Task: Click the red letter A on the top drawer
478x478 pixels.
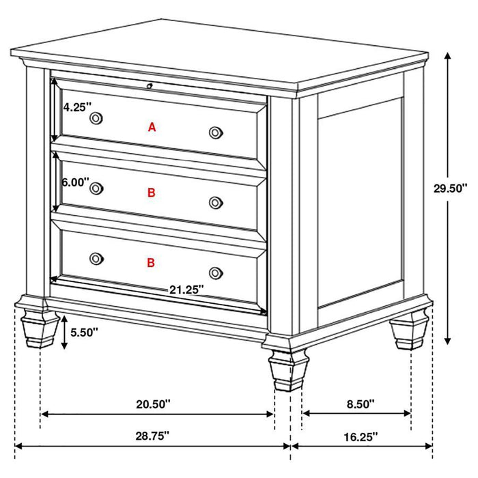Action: [152, 126]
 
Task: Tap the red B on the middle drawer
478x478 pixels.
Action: [152, 193]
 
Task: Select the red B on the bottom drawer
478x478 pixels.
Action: [152, 262]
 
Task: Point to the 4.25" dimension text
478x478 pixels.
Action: [75, 107]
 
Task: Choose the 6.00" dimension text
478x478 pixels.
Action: [75, 182]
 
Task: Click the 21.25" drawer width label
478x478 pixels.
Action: [187, 289]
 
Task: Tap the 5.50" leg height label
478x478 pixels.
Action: [85, 333]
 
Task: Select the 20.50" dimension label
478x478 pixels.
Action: [153, 404]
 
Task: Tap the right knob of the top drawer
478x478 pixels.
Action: [216, 132]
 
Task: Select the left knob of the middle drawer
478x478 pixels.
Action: [96, 188]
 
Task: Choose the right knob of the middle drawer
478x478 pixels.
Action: [216, 202]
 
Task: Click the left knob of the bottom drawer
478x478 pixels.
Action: [96, 258]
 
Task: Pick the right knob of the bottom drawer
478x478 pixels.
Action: [216, 272]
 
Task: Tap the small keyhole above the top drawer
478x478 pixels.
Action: [149, 86]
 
